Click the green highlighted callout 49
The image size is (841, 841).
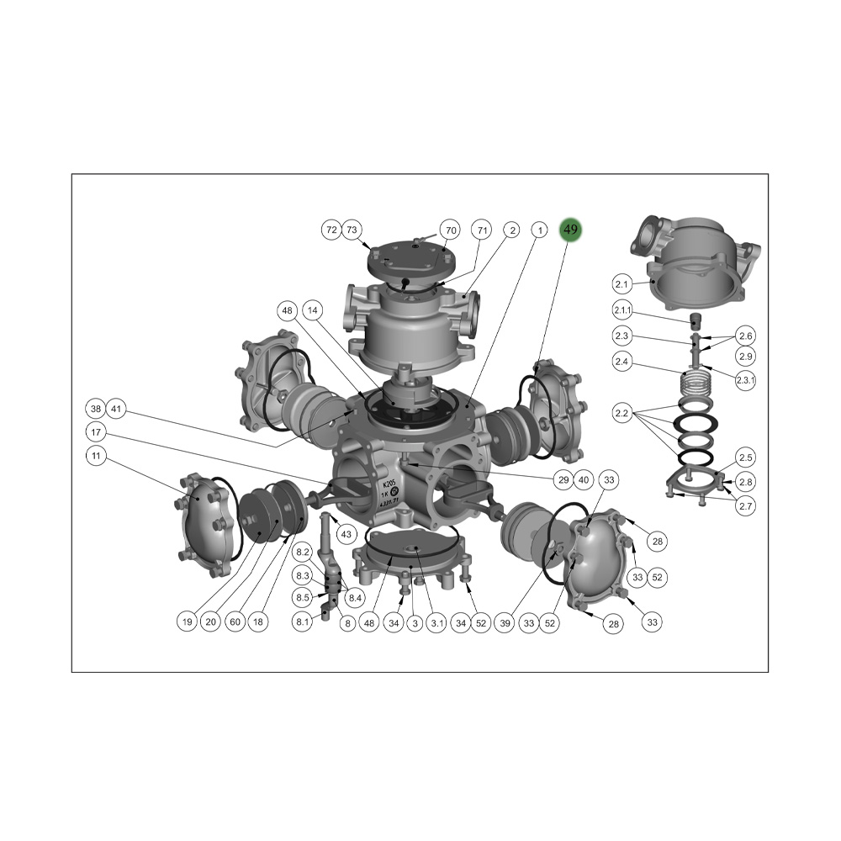point(571,230)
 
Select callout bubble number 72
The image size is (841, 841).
point(331,230)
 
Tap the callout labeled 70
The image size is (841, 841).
point(451,230)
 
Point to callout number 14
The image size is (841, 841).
point(313,310)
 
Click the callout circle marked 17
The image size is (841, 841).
point(97,432)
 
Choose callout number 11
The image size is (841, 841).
point(97,456)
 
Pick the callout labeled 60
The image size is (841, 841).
point(235,622)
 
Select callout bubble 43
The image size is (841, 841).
point(346,534)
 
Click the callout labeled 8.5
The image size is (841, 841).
point(303,597)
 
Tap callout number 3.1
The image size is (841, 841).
point(438,622)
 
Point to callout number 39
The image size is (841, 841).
point(505,622)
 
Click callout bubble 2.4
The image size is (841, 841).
point(622,362)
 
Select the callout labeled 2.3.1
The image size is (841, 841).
point(746,379)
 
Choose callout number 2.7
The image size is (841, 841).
point(746,505)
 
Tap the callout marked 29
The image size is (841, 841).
point(563,479)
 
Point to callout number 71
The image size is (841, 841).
point(482,230)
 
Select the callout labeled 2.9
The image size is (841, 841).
point(746,356)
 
